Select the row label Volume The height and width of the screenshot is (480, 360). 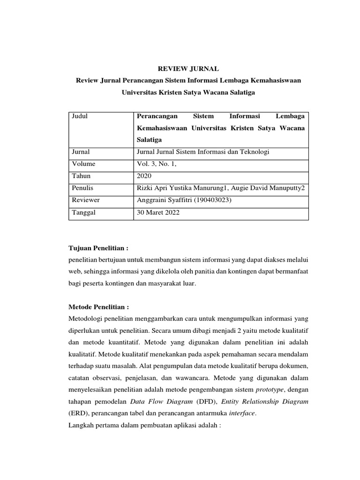(83, 164)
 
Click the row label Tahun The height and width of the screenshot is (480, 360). (81, 176)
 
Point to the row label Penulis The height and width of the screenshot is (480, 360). (82, 188)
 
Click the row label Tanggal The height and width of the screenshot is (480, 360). (83, 212)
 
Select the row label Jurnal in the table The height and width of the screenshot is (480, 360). (81, 152)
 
